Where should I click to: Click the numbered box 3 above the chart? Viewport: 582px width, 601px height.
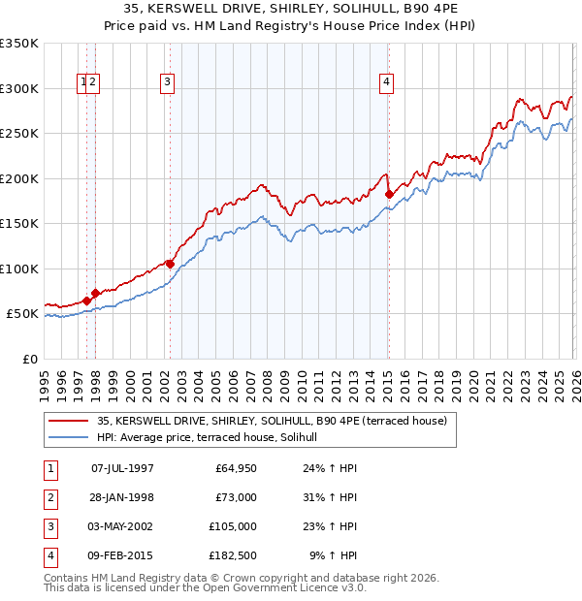(x=168, y=83)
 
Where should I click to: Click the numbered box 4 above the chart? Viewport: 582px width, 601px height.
(x=386, y=83)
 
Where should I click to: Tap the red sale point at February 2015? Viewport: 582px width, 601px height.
(x=389, y=194)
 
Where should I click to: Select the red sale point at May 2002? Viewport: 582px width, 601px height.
(x=170, y=264)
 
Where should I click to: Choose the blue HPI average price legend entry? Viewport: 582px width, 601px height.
(x=213, y=438)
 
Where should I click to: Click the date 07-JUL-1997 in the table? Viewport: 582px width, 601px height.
(x=122, y=467)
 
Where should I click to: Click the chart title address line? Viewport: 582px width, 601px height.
(x=291, y=11)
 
